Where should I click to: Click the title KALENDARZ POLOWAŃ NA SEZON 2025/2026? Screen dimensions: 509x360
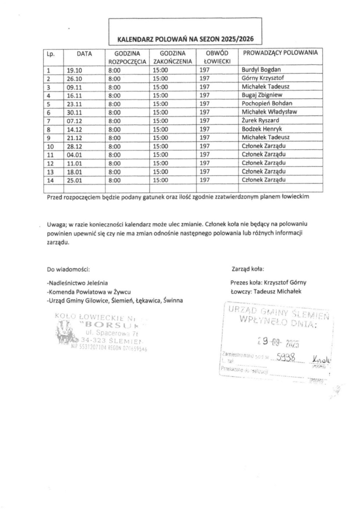pyautogui.click(x=185, y=39)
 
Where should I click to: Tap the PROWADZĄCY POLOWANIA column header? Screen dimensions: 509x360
pyautogui.click(x=280, y=53)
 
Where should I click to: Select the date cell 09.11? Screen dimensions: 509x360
pyautogui.click(x=73, y=86)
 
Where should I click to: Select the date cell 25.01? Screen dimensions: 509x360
pyautogui.click(x=73, y=180)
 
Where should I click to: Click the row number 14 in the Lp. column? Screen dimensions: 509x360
pyautogui.click(x=51, y=180)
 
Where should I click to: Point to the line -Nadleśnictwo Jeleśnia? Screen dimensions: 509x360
pyautogui.click(x=77, y=283)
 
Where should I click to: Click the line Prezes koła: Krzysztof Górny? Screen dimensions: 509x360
pyautogui.click(x=268, y=283)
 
